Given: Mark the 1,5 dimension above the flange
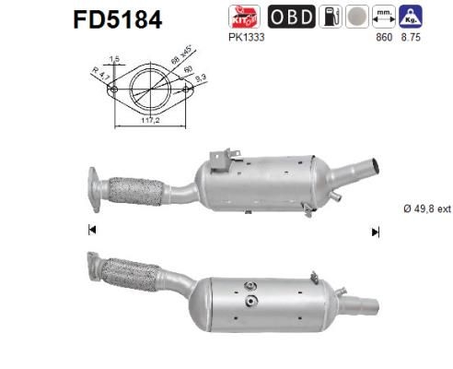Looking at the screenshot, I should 113,59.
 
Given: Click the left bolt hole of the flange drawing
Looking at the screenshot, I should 113,89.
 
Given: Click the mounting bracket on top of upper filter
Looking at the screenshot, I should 219,161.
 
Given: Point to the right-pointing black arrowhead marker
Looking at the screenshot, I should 375,232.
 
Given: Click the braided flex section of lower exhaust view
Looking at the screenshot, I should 128,275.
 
